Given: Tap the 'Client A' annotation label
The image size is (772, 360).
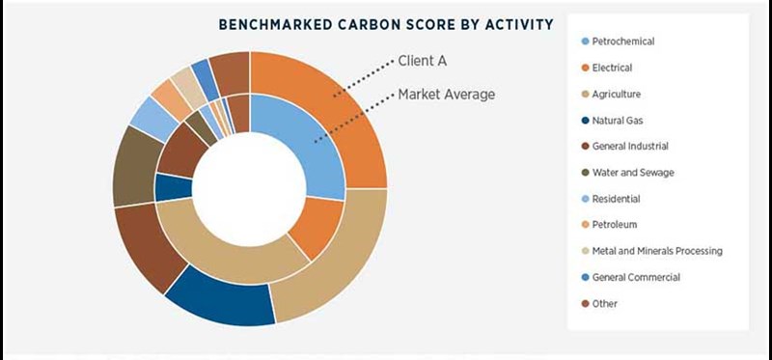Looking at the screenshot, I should (423, 61).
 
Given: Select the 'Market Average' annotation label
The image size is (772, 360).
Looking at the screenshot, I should (446, 95).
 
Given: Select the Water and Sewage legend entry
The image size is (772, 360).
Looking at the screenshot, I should (633, 173).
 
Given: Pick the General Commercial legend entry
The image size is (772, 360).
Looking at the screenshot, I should (636, 277).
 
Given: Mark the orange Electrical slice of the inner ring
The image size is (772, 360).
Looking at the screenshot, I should (314, 227).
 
